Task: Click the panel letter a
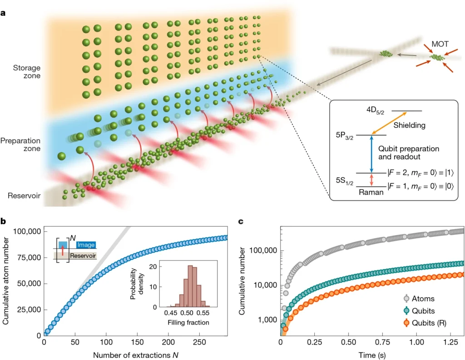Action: point(4,13)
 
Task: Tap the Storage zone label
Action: point(26,71)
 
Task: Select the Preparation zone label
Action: point(21,145)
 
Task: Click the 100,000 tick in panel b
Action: point(24,232)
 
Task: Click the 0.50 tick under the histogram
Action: point(187,313)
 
